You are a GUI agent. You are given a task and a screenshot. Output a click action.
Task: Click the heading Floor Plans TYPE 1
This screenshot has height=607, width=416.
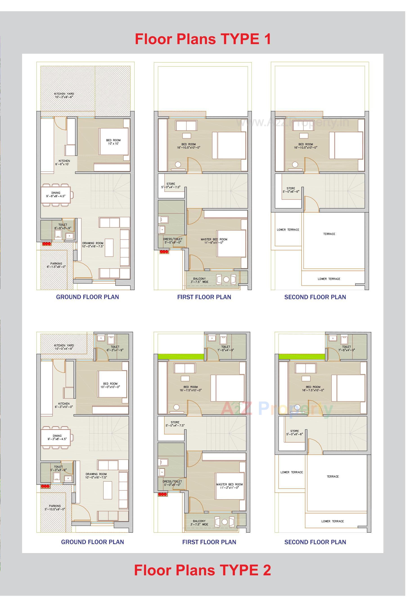203,39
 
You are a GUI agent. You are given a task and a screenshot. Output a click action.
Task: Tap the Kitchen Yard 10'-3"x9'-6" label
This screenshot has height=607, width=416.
64,95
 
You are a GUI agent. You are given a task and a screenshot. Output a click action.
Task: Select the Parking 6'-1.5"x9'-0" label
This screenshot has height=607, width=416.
56,265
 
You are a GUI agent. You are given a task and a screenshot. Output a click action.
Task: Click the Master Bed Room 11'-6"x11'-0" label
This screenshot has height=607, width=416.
214,241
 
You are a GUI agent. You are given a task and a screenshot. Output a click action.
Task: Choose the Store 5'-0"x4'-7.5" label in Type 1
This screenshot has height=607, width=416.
171,185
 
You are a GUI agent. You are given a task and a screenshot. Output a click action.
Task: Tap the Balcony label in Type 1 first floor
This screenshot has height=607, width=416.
199,280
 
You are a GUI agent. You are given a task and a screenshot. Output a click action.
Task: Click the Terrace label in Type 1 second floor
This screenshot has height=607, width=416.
329,234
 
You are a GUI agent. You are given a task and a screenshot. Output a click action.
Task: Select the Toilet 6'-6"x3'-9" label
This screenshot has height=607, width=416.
63,226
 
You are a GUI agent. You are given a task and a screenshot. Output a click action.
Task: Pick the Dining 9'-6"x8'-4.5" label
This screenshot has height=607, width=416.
56,194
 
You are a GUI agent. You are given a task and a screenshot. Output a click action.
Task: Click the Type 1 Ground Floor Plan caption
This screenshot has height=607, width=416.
88,297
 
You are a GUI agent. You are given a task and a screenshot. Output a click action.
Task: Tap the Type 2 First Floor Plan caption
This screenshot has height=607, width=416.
209,542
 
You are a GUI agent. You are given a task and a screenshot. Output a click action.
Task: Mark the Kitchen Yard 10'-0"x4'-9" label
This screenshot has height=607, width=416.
64,347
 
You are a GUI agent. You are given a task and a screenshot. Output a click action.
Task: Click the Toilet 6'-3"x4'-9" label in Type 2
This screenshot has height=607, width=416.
115,348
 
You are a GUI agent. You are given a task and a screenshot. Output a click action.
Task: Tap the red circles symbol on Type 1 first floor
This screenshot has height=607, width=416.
164,252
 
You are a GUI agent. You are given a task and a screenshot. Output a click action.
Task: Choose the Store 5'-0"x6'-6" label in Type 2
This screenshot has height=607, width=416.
295,433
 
